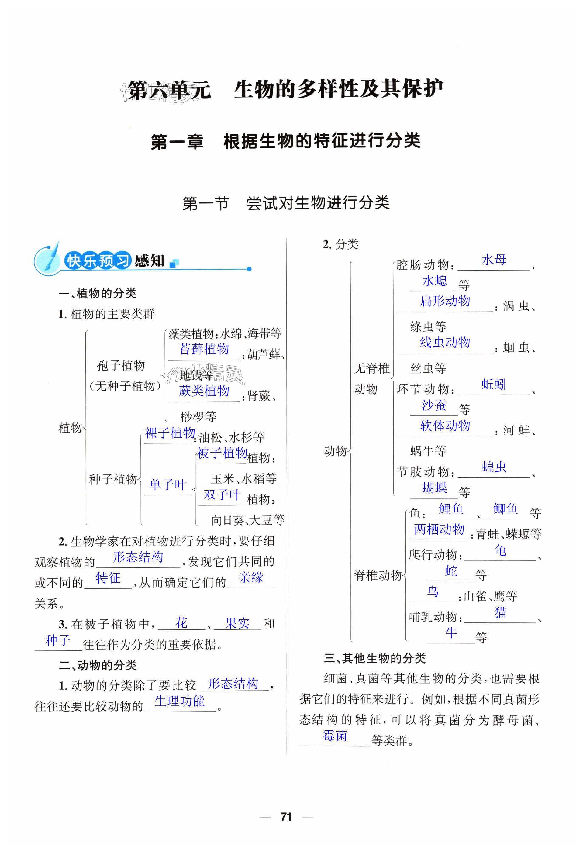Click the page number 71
pos(286,817)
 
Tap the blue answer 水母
pos(494,260)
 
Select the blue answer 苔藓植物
pos(204,349)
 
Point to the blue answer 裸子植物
pos(170,433)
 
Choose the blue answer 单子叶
pos(168,484)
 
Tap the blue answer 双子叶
pos(222,495)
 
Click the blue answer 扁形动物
pos(445,301)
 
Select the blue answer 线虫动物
pos(445,343)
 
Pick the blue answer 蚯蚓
pos(494,384)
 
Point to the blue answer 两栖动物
pos(439,529)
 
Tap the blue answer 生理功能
pos(180,701)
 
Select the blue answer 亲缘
pos(251,577)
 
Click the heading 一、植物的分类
pos(98,293)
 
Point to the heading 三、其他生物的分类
pos(375,658)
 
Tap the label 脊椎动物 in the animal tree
pos(378,575)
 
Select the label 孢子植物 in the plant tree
pos(121,365)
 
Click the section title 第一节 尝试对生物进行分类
pos(286,203)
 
